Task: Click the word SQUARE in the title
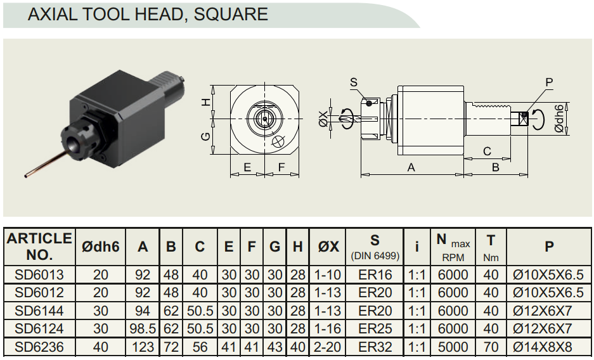(x=231, y=14)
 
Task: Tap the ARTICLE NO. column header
(x=39, y=247)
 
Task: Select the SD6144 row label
(x=39, y=311)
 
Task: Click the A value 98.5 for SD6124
(x=143, y=328)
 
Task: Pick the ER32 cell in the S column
(x=375, y=347)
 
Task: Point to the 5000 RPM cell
(x=453, y=347)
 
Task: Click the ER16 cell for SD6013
(x=375, y=274)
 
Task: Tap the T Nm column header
(x=491, y=248)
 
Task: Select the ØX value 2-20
(x=328, y=347)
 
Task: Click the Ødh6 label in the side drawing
(x=559, y=119)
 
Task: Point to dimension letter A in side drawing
(x=411, y=167)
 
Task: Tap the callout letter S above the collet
(x=354, y=82)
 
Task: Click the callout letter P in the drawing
(x=549, y=82)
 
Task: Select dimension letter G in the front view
(x=205, y=136)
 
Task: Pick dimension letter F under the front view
(x=281, y=167)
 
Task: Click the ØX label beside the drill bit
(x=323, y=119)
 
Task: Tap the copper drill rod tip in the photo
(x=26, y=176)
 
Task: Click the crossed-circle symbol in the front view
(x=278, y=141)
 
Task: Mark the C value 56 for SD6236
(x=200, y=347)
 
